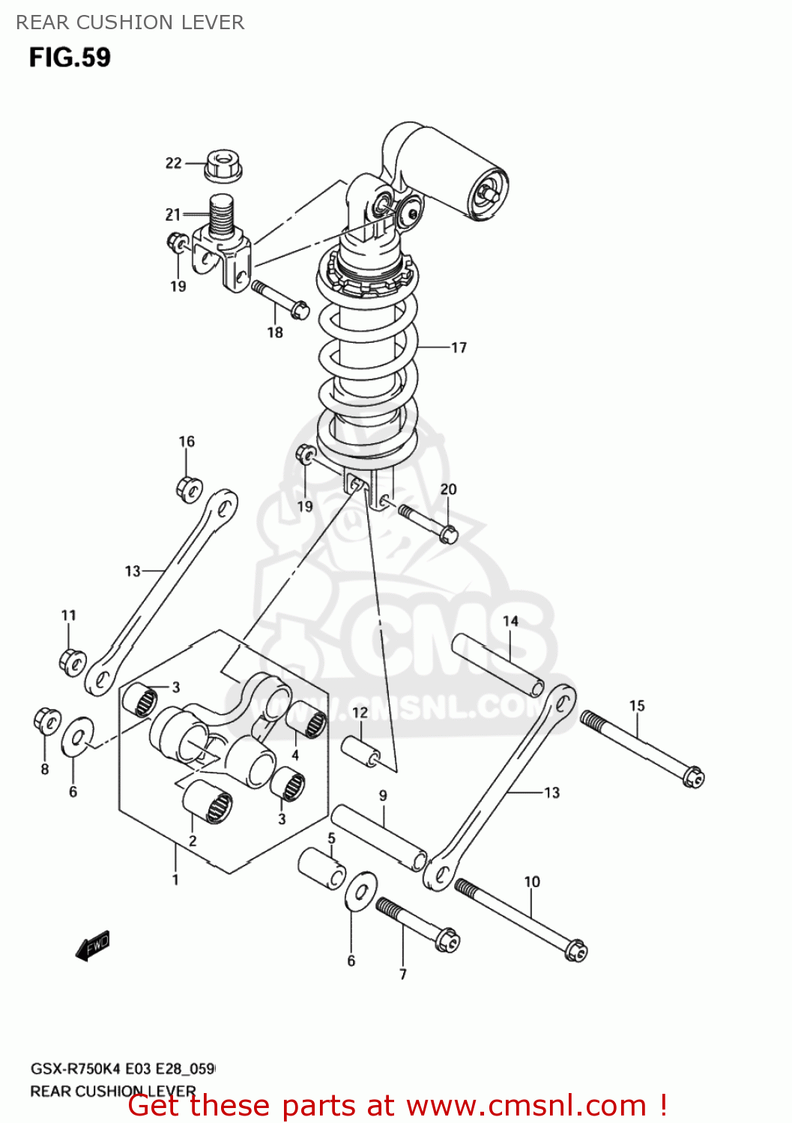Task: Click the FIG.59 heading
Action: (x=70, y=58)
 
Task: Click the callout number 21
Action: (x=173, y=215)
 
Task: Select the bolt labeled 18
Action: (x=281, y=299)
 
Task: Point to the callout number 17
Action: (x=459, y=347)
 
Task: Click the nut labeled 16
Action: (x=189, y=489)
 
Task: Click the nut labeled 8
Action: (x=46, y=721)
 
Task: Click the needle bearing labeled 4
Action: (x=307, y=723)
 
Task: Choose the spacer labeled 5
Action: (x=321, y=868)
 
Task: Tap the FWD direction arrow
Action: (x=93, y=946)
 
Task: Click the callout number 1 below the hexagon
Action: (x=175, y=879)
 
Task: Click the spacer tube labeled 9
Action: (x=379, y=838)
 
